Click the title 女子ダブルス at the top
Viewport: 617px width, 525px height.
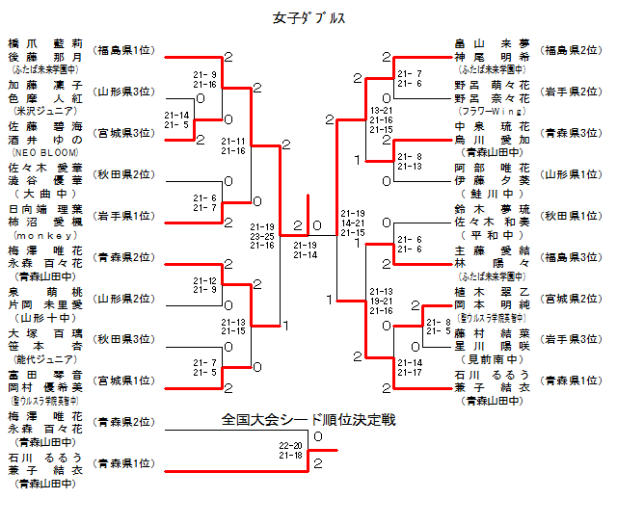(x=308, y=18)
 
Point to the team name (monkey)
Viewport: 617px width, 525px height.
(x=45, y=236)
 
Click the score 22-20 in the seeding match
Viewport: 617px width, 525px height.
(x=291, y=445)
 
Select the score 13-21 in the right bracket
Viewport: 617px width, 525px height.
(x=381, y=111)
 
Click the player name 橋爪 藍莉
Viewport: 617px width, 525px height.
(x=45, y=43)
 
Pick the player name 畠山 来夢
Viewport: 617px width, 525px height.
(x=493, y=43)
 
